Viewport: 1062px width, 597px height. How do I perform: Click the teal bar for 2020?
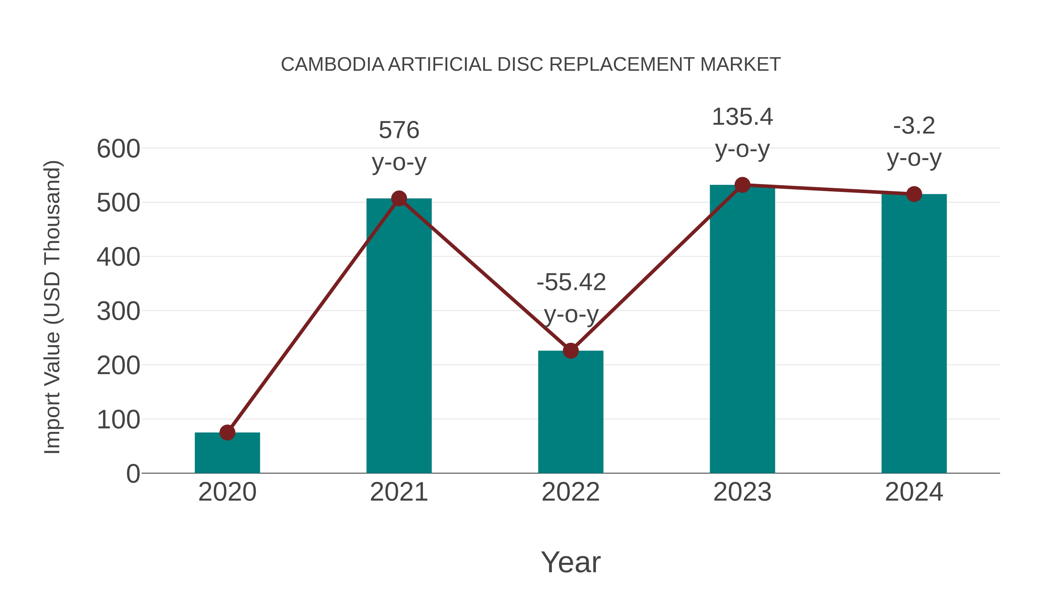pyautogui.click(x=227, y=453)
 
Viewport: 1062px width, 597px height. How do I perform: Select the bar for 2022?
pyautogui.click(x=571, y=412)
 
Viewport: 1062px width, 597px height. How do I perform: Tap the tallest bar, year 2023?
pyautogui.click(x=742, y=330)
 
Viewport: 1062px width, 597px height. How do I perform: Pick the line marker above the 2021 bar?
pyautogui.click(x=399, y=199)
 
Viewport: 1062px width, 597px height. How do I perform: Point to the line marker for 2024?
pyautogui.click(x=914, y=194)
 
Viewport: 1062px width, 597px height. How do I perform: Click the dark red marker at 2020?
pyautogui.click(x=227, y=432)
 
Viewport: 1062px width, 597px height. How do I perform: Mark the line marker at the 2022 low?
pyautogui.click(x=571, y=351)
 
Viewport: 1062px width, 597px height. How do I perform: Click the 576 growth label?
pyautogui.click(x=399, y=130)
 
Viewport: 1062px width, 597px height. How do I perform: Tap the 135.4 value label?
pyautogui.click(x=742, y=117)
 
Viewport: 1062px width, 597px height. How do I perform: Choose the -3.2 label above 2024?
pyautogui.click(x=914, y=126)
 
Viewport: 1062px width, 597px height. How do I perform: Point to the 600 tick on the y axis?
pyautogui.click(x=118, y=149)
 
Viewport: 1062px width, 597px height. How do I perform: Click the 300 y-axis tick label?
pyautogui.click(x=118, y=312)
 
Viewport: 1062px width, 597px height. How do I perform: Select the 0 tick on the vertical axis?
pyautogui.click(x=133, y=474)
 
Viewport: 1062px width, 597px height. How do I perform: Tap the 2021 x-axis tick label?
pyautogui.click(x=399, y=492)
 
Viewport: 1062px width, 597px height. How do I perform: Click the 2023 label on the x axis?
pyautogui.click(x=742, y=492)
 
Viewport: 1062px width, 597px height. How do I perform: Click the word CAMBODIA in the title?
pyautogui.click(x=332, y=65)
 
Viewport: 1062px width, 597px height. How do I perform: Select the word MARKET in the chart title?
pyautogui.click(x=740, y=65)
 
